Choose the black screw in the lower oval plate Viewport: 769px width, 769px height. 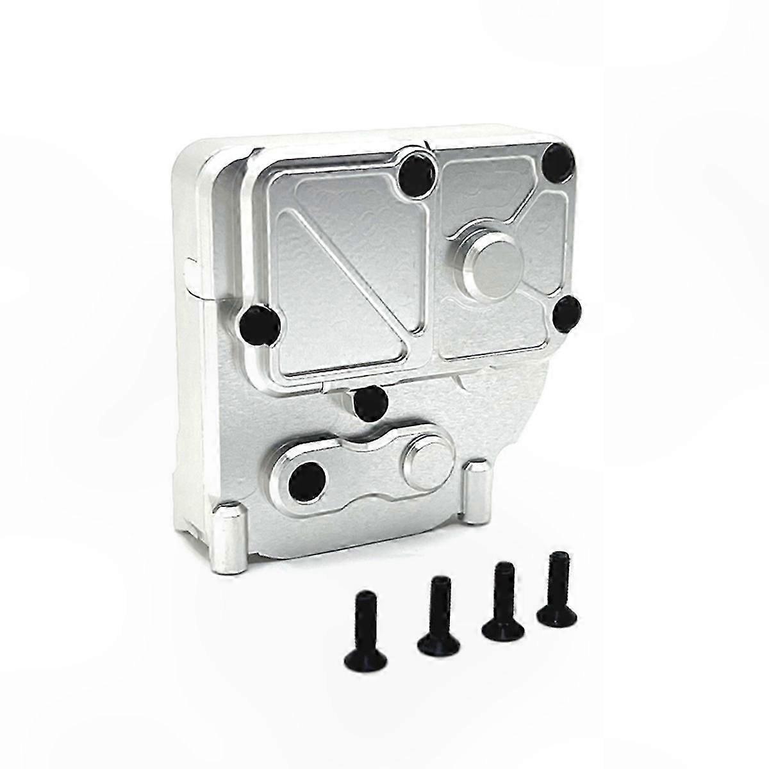coord(304,477)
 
